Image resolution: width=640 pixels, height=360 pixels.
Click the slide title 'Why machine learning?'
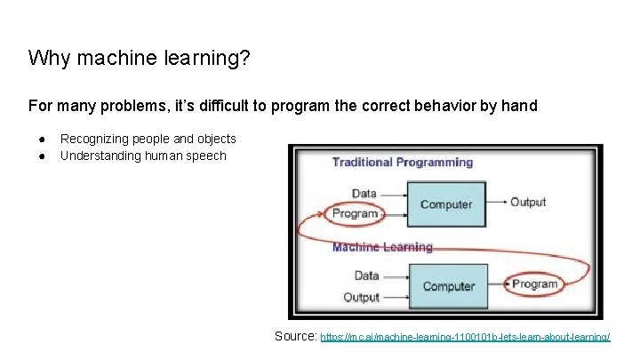tap(139, 59)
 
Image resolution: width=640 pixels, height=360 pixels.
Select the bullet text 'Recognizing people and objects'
tap(148, 139)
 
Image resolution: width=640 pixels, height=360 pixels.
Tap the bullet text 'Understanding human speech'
tap(143, 156)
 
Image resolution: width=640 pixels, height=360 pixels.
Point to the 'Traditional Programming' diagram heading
tap(402, 162)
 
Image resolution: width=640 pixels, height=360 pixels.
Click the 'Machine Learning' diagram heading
tap(382, 247)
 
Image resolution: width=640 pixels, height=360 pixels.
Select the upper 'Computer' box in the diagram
tap(445, 204)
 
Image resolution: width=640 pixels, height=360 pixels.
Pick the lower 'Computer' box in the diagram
tap(448, 285)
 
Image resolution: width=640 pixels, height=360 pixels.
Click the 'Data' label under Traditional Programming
tap(364, 193)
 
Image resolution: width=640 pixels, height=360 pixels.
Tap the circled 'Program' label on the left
tap(355, 213)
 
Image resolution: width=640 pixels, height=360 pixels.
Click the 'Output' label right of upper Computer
tap(527, 202)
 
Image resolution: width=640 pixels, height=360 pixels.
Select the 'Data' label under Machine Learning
tap(367, 275)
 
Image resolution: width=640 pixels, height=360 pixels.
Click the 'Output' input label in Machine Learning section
tap(361, 297)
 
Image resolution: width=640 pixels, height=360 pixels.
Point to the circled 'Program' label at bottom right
tap(534, 284)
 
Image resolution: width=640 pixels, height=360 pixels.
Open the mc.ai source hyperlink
tap(464, 338)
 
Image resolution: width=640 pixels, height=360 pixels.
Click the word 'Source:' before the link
tap(295, 336)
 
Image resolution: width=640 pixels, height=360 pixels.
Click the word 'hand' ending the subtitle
tap(520, 106)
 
